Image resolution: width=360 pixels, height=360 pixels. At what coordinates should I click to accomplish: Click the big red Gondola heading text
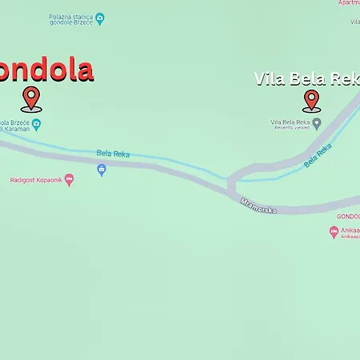pyautogui.click(x=46, y=70)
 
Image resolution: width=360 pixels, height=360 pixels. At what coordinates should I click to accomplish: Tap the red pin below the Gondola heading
pyautogui.click(x=31, y=99)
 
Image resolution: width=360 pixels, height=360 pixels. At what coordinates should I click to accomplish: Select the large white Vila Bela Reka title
pyautogui.click(x=306, y=79)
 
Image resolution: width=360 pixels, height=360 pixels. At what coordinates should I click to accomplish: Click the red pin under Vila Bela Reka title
pyautogui.click(x=311, y=100)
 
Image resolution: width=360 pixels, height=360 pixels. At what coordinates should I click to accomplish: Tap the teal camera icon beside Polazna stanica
pyautogui.click(x=99, y=18)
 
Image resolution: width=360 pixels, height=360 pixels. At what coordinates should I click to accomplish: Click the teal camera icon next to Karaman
pyautogui.click(x=37, y=123)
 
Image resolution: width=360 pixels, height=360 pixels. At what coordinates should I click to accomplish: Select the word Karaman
pyautogui.click(x=17, y=128)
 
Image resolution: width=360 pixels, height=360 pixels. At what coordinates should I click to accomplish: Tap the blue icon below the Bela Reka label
pyautogui.click(x=102, y=170)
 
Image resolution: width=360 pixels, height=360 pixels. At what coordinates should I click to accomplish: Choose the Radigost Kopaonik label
pyautogui.click(x=36, y=180)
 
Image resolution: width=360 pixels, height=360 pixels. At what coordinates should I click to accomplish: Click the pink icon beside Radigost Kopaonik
pyautogui.click(x=69, y=179)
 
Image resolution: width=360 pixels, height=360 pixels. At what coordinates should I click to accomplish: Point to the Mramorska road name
pyautogui.click(x=258, y=205)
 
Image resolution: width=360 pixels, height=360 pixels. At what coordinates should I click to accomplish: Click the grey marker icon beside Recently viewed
pyautogui.click(x=317, y=123)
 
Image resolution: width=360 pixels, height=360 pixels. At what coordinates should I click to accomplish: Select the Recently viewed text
pyautogui.click(x=290, y=127)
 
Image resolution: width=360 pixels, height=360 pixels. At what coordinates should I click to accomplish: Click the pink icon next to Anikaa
pyautogui.click(x=334, y=231)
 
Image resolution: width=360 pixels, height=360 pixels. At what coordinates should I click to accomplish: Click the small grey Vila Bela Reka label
pyautogui.click(x=290, y=121)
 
